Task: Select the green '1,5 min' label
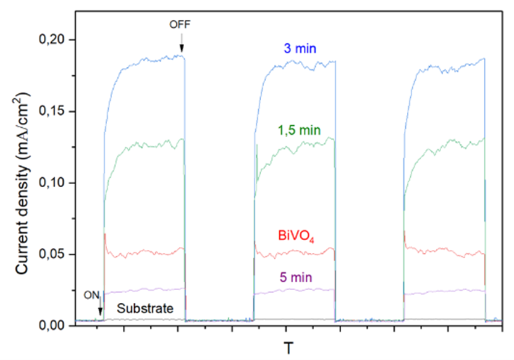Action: pos(299,129)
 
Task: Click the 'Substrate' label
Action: pos(145,309)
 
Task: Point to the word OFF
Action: pos(181,25)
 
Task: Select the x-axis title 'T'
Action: pos(289,347)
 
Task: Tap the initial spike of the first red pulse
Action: pos(105,235)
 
